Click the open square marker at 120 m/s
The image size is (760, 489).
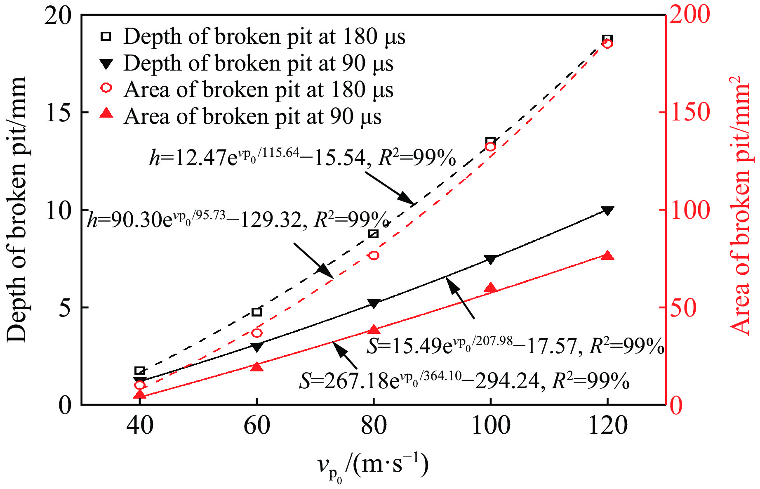click(607, 40)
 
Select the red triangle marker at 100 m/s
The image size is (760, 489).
click(490, 288)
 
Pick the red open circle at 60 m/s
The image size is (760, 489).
click(257, 333)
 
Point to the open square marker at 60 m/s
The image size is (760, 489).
click(257, 312)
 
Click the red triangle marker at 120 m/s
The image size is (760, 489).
click(607, 255)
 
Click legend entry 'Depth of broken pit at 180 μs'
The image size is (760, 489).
click(264, 37)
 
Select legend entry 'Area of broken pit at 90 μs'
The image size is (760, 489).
click(252, 116)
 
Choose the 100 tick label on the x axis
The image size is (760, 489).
click(490, 425)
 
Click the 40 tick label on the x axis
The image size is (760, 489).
click(140, 425)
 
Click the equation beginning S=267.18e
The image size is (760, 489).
click(464, 380)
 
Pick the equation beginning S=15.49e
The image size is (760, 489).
click(515, 345)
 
